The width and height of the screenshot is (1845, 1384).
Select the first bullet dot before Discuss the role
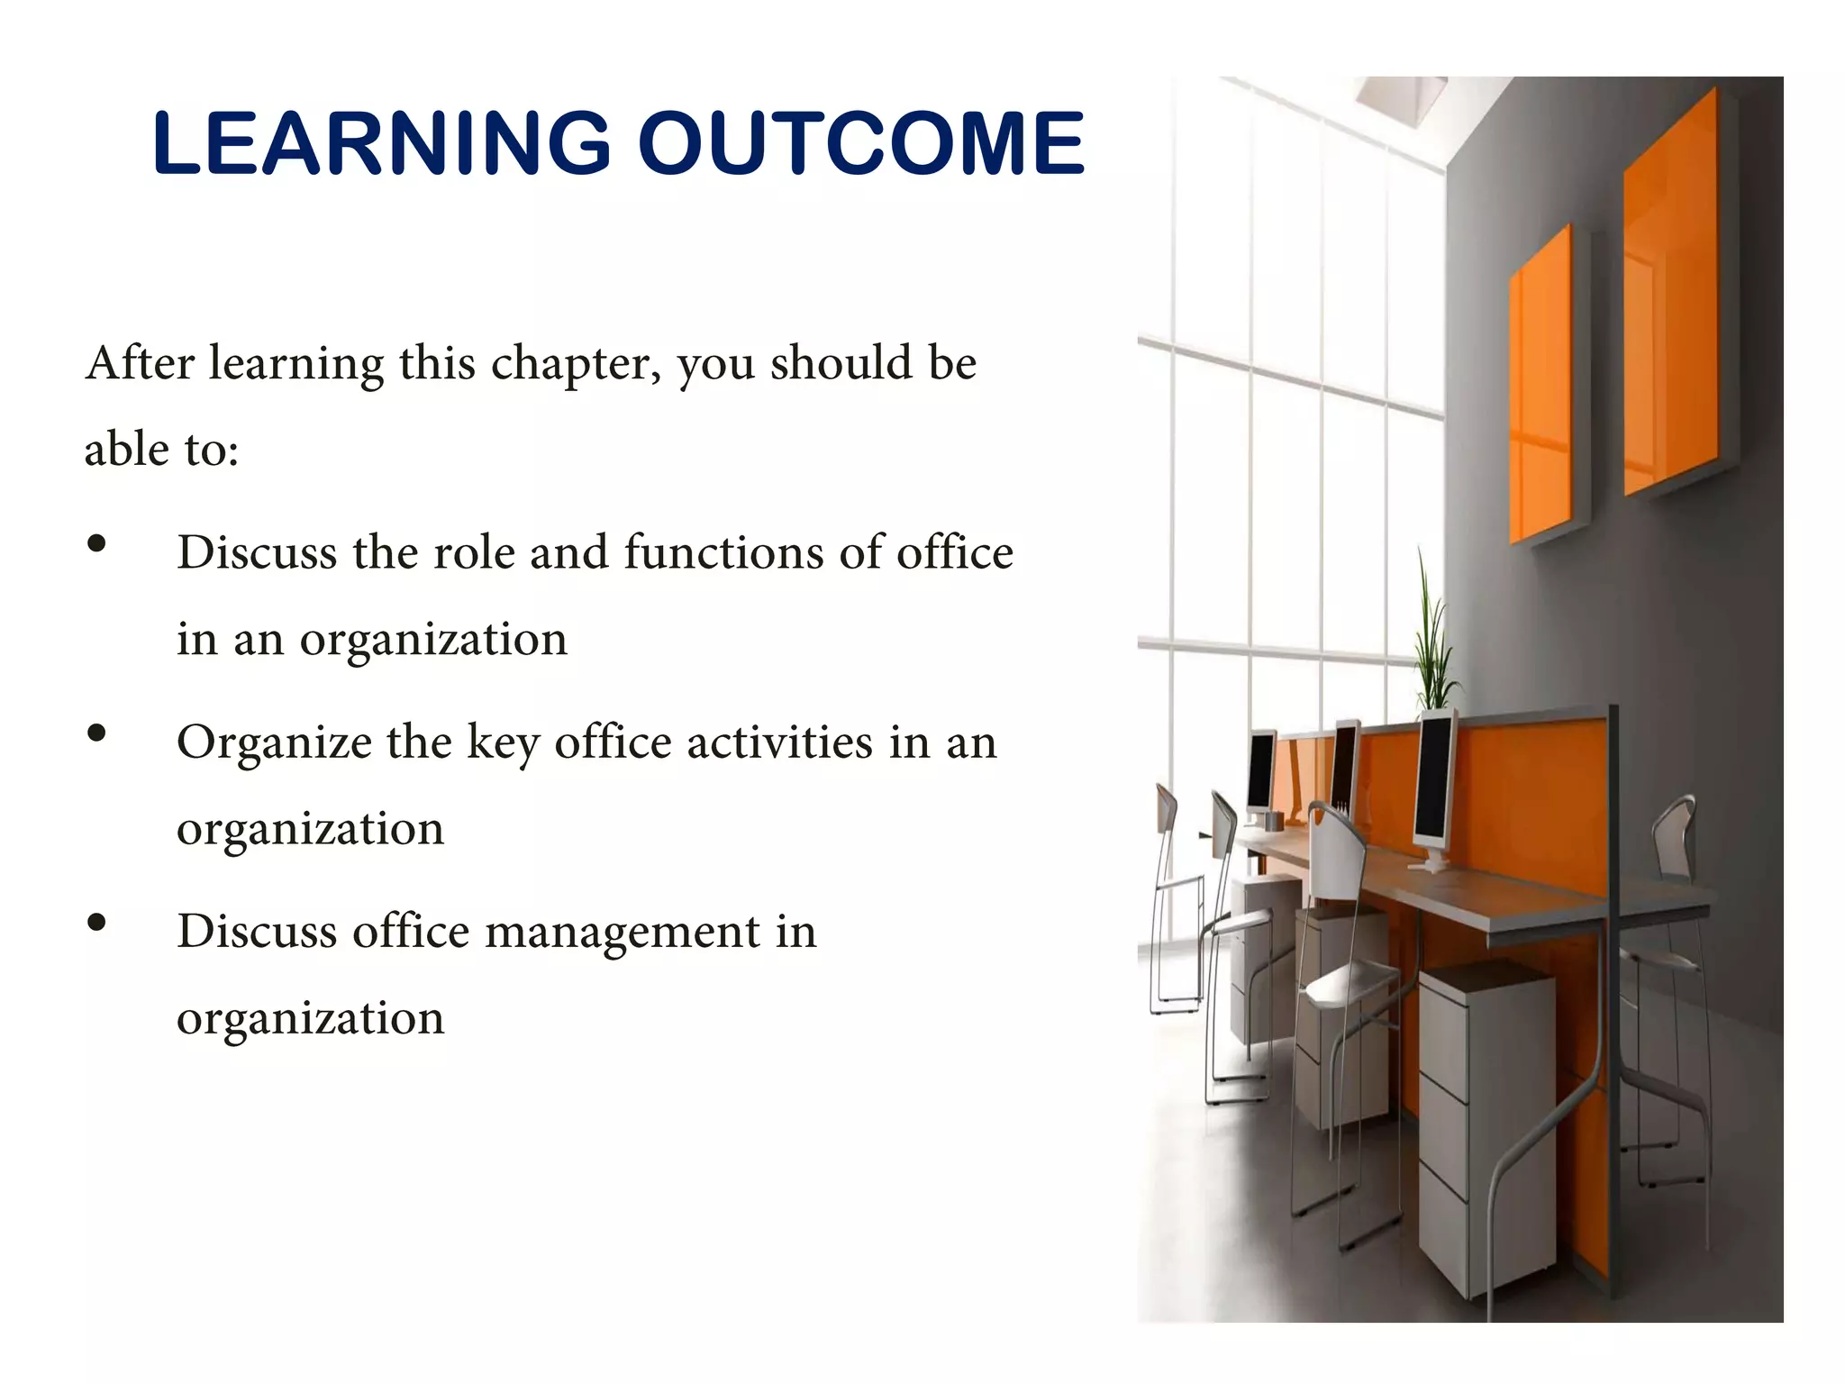97,543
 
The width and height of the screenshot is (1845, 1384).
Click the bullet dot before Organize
97,733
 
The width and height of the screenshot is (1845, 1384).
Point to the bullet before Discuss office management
97,923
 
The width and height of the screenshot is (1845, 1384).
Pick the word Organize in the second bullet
274,744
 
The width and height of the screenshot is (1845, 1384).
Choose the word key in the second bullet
502,744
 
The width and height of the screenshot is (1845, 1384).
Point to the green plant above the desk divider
1432,640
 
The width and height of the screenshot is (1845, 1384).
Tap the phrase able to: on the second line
162,450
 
